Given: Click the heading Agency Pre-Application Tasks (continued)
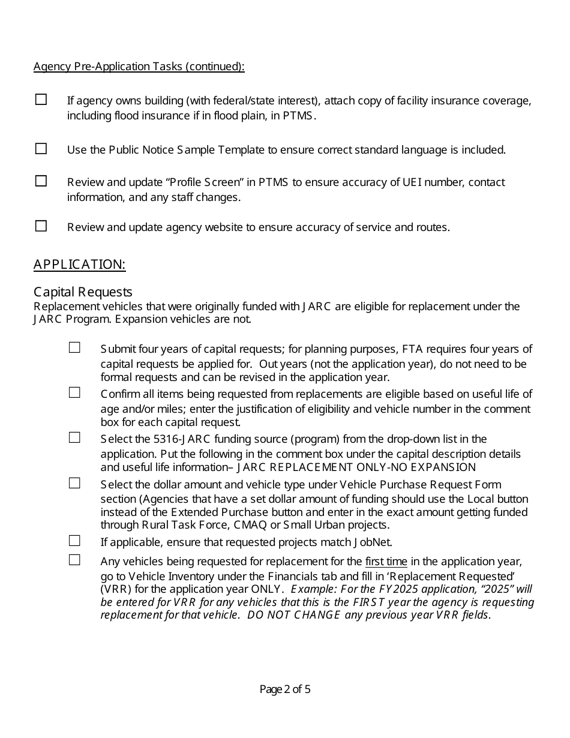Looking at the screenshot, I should click(139, 67).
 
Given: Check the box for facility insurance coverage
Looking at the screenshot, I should click(41, 100).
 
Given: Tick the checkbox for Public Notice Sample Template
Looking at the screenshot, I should click(41, 149).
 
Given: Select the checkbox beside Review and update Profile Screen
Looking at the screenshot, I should click(41, 181).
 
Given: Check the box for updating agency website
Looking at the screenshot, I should click(41, 226).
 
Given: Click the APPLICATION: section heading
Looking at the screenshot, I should click(79, 265).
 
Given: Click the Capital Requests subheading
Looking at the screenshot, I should click(83, 292).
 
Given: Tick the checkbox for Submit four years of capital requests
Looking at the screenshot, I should click(74, 347).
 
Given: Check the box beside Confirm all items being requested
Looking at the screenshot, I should click(74, 393).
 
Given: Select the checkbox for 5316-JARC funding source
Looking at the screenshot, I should click(74, 438).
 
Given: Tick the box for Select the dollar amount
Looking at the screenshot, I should click(74, 483).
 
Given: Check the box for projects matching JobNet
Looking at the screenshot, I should click(74, 541).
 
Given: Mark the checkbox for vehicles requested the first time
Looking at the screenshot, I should click(74, 560).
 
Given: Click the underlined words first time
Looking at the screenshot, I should click(386, 562).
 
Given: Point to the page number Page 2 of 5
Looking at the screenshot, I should click(285, 689).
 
